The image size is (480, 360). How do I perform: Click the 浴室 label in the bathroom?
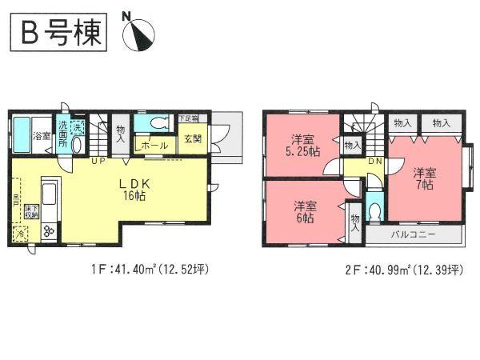pyautogui.click(x=42, y=137)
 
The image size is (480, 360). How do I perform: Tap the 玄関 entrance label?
pyautogui.click(x=194, y=138)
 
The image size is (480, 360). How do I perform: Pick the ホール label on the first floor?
pyautogui.click(x=154, y=146)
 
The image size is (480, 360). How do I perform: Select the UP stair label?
pyautogui.click(x=100, y=161)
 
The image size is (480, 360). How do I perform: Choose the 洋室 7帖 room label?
pyautogui.click(x=425, y=178)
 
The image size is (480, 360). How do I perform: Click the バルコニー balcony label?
pyautogui.click(x=413, y=235)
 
